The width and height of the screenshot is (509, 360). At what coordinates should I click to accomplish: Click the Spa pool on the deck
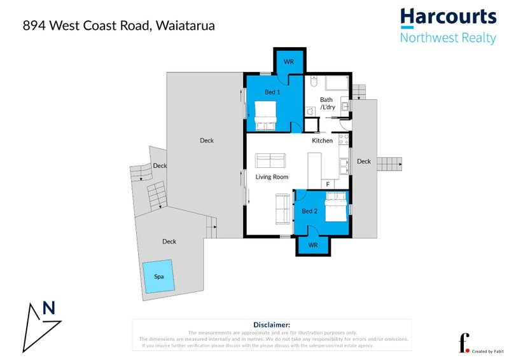pos(157,277)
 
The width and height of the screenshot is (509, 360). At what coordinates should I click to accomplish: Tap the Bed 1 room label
pos(272,92)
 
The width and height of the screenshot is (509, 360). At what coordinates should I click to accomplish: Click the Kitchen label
pos(322,141)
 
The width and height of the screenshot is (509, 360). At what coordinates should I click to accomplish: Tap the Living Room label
pos(272,177)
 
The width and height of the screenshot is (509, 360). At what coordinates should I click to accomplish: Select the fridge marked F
pos(328,184)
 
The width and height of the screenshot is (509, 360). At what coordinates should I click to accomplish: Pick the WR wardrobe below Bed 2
pos(312,245)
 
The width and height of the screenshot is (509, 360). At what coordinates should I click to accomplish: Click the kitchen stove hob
pos(344,138)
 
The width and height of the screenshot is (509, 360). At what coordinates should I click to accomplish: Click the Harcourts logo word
pos(447,17)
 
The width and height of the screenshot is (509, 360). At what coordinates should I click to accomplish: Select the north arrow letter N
pos(48,308)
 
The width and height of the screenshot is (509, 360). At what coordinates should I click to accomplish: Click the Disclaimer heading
pos(272,325)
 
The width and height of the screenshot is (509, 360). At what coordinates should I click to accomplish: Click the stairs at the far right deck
pos(389,164)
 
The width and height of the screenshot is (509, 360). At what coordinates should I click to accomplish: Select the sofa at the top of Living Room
pos(270,160)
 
